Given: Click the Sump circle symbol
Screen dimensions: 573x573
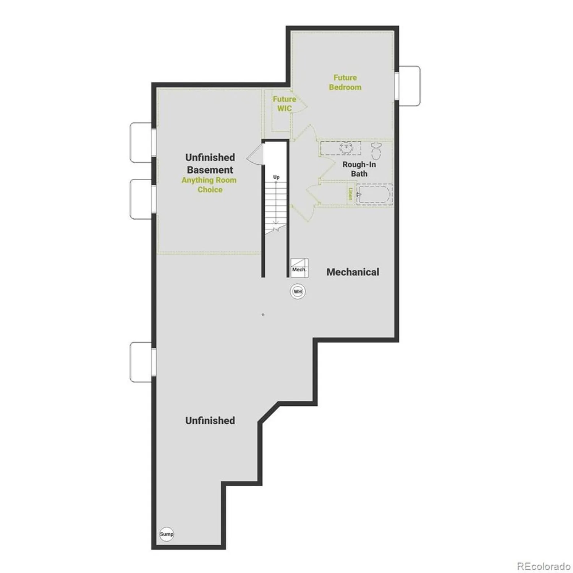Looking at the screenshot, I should click(x=167, y=534).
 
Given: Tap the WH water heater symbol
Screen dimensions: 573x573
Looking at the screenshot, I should click(x=298, y=292).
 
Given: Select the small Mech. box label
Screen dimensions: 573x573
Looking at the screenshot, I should click(x=299, y=270).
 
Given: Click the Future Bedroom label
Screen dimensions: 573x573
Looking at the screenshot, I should click(x=345, y=83).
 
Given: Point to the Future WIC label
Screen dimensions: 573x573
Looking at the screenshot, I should click(x=284, y=104).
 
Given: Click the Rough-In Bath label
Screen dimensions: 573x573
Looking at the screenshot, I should click(x=359, y=169).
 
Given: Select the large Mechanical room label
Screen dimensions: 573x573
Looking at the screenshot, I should click(x=353, y=272).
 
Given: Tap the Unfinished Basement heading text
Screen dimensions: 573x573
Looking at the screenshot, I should click(x=210, y=163).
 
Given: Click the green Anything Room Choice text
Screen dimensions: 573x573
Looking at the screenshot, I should click(x=209, y=185).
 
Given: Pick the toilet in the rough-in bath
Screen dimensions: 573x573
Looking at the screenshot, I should click(x=376, y=151).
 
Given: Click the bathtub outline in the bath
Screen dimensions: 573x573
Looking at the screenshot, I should click(x=374, y=194).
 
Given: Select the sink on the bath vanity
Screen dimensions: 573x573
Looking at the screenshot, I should click(x=346, y=148).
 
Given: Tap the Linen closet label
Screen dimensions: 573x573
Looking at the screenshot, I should click(x=350, y=194).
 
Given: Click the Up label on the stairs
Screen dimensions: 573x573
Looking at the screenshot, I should click(x=276, y=177).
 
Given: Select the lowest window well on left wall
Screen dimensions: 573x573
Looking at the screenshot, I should click(x=141, y=362).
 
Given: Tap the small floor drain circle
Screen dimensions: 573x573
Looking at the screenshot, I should click(x=263, y=315).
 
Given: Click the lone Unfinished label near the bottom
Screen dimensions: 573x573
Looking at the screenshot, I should click(x=210, y=421).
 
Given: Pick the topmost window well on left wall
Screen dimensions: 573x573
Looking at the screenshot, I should click(x=141, y=142).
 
